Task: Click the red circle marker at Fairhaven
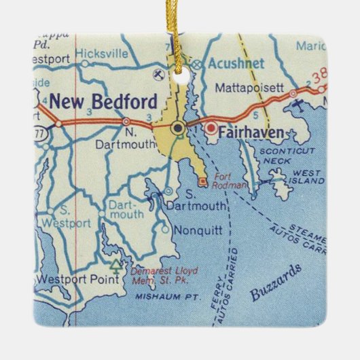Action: coord(211,127)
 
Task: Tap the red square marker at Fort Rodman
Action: coord(202,181)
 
